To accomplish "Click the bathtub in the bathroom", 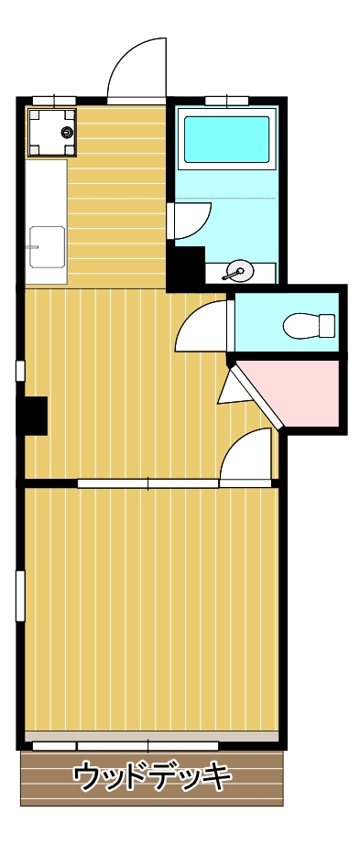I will (x=227, y=139).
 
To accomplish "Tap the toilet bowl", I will (x=308, y=325).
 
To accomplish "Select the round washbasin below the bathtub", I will (x=237, y=271).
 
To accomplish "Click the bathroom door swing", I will (x=190, y=221).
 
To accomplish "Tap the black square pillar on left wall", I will (x=35, y=416).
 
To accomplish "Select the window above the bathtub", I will (x=227, y=101).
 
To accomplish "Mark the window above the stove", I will (x=54, y=101).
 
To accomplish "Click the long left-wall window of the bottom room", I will (x=19, y=595).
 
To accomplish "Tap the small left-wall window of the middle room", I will (x=19, y=370).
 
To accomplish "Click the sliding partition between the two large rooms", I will (x=147, y=482).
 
